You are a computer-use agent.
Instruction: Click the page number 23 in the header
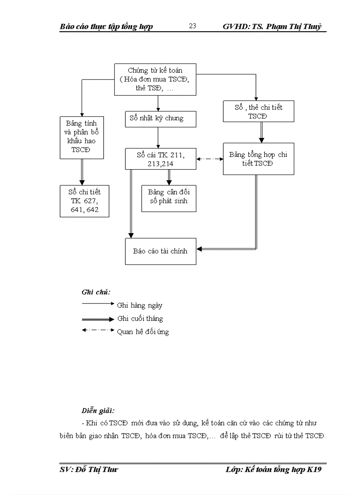[x=192, y=26]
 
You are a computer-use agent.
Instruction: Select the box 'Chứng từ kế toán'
[x=155, y=79]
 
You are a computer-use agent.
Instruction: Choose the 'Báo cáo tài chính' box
[x=160, y=251]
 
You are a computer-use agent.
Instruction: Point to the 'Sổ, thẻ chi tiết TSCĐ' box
[x=258, y=112]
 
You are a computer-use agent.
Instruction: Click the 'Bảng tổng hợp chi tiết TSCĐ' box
[x=258, y=159]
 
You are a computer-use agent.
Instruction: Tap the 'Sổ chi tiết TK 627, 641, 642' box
[x=84, y=201]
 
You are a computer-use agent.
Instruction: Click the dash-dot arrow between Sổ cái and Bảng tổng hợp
[x=210, y=159]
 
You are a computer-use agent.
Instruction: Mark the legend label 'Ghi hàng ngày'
[x=140, y=305]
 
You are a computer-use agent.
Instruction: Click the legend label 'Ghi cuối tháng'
[x=140, y=318]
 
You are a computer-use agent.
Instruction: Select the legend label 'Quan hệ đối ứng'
[x=143, y=331]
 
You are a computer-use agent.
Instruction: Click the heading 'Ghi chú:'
[x=96, y=292]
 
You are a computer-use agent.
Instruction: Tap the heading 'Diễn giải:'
[x=98, y=410]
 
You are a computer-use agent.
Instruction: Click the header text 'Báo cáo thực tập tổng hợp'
[x=106, y=26]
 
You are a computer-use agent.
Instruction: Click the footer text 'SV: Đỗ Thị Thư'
[x=88, y=470]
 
